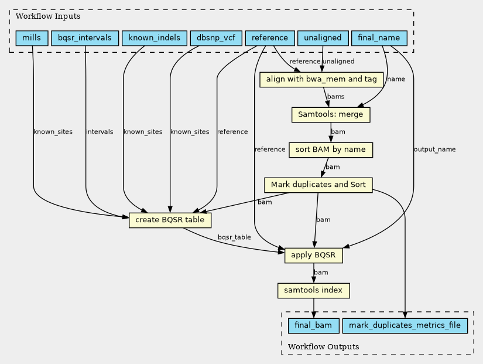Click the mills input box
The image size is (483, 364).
coord(32,38)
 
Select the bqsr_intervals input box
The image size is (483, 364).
coord(85,38)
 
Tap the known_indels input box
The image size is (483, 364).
coord(155,38)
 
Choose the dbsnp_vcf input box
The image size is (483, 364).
coord(216,38)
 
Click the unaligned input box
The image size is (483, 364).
coord(323,38)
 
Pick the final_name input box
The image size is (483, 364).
coord(379,38)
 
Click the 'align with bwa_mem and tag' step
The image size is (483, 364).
coord(321,80)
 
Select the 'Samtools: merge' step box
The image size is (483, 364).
coord(331,115)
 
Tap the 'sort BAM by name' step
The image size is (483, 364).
coord(331,150)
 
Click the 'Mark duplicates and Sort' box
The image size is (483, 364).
coord(318,185)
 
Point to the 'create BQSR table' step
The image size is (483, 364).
coord(170,220)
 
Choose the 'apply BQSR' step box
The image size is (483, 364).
coord(314,256)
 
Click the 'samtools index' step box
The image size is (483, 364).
coord(314,291)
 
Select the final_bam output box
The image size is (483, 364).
coord(314,326)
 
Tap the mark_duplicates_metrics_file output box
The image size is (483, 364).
coord(405,326)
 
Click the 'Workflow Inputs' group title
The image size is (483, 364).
coord(48,16)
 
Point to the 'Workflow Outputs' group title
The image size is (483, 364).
coord(324,347)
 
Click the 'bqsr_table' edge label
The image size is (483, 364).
coord(234,237)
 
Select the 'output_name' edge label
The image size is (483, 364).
coord(434,149)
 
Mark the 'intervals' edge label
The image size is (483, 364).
coord(100,132)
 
